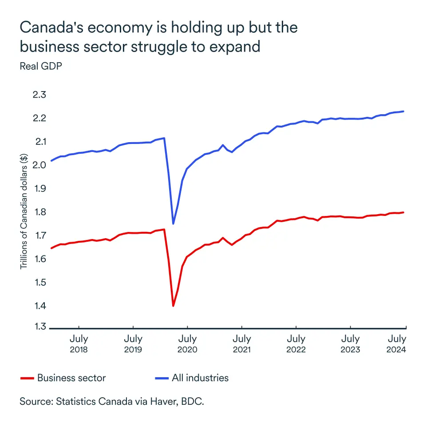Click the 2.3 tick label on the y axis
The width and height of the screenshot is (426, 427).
click(x=40, y=95)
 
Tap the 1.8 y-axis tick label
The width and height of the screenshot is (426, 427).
click(x=40, y=212)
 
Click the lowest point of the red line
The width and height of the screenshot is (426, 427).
click(x=173, y=306)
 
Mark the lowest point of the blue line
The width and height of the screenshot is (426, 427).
click(x=173, y=223)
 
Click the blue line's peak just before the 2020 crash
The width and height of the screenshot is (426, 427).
click(x=165, y=138)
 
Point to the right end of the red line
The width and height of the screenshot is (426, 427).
click(x=403, y=212)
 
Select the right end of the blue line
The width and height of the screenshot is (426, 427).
click(x=403, y=111)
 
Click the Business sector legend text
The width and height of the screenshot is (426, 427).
click(x=71, y=378)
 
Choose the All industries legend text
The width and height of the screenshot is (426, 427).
click(x=200, y=378)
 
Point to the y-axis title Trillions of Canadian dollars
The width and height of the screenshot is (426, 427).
click(x=24, y=211)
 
